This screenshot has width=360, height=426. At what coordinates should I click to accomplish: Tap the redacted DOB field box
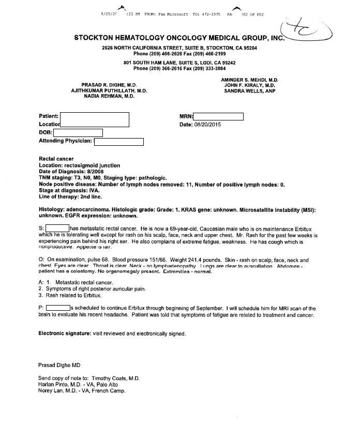click(78, 133)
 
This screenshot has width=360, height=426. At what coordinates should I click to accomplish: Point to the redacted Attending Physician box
click(118, 141)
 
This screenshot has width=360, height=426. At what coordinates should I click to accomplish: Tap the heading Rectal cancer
click(56, 159)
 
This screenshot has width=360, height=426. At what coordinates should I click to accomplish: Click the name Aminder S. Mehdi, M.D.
click(249, 80)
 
